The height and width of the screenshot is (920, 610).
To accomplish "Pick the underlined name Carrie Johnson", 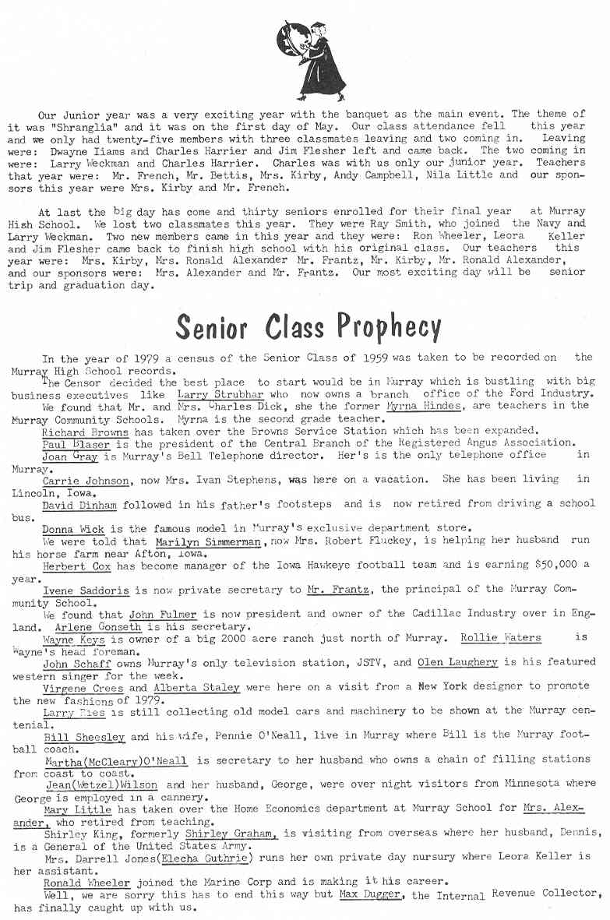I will pos(86,481).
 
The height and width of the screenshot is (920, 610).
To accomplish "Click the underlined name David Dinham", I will pos(79,506).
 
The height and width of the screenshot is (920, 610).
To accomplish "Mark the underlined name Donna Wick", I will pos(72,529).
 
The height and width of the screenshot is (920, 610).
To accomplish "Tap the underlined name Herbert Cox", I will pos(76,566).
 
